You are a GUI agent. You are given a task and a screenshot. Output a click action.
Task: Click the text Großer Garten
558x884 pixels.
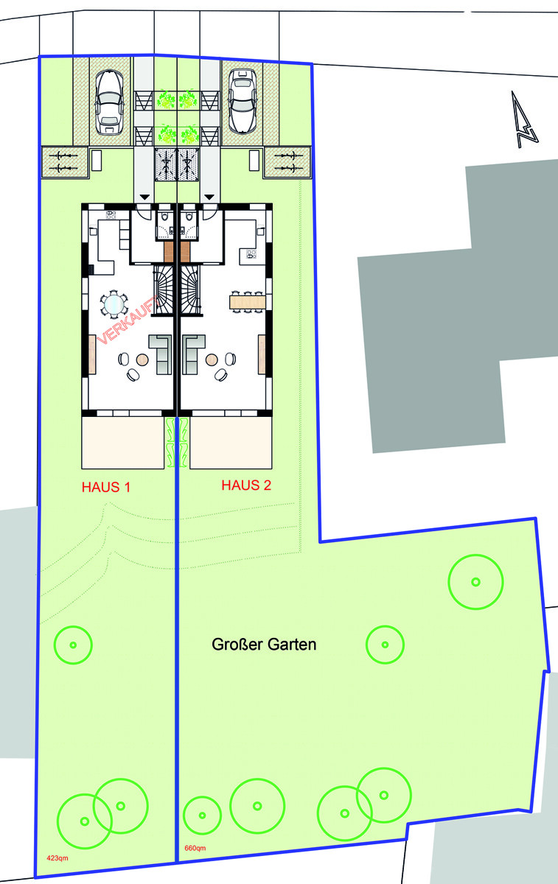264,645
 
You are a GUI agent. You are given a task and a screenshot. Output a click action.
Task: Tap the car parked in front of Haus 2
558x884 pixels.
242,102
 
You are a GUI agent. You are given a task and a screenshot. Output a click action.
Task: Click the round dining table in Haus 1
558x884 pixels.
114,303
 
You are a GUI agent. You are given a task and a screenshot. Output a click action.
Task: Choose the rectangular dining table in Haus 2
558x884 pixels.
247,301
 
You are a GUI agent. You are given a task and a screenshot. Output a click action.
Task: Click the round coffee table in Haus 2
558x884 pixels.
212,359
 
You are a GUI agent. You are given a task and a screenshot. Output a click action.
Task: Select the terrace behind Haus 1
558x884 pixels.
122,443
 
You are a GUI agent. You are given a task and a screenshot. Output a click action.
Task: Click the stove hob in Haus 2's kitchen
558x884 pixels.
251,255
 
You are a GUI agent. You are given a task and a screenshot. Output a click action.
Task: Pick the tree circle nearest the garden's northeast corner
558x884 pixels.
475,581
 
